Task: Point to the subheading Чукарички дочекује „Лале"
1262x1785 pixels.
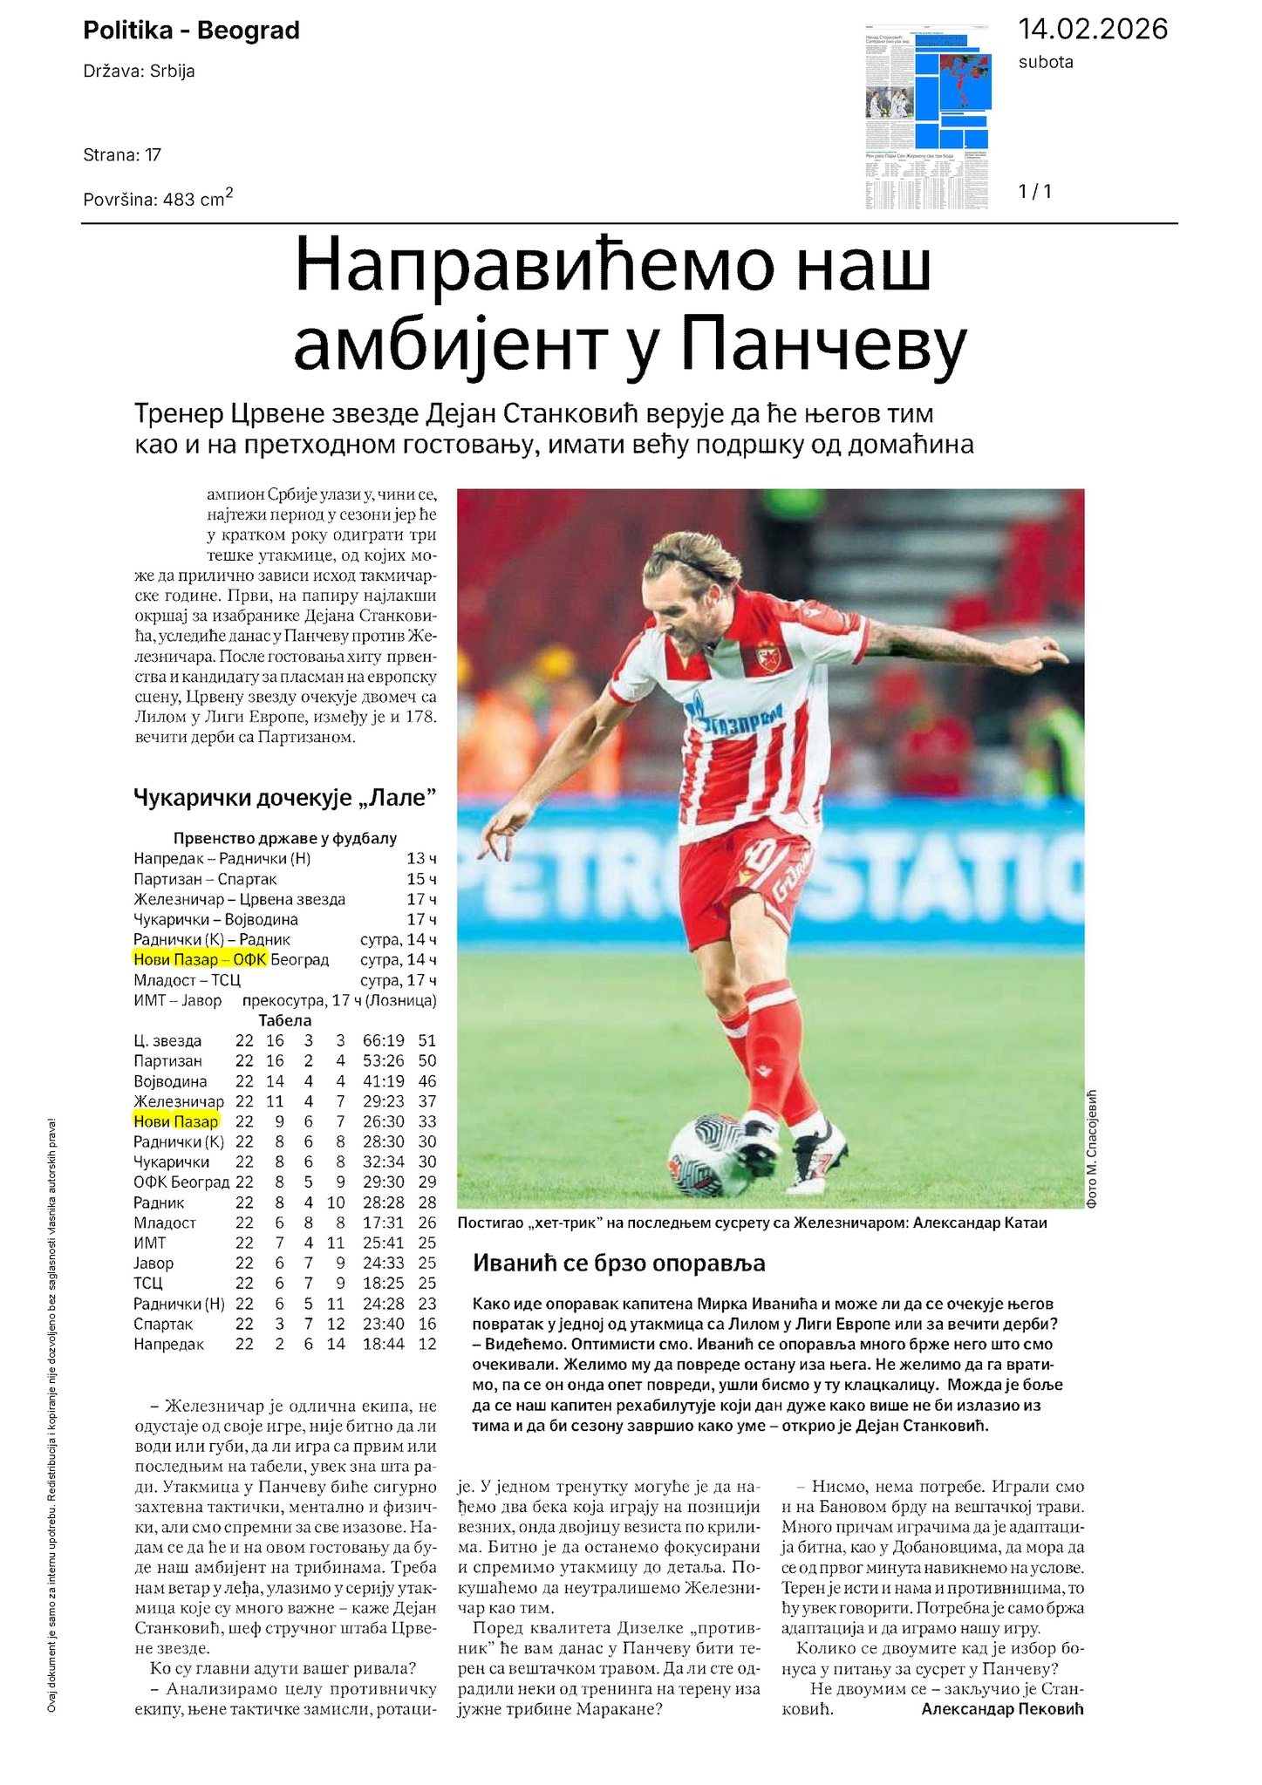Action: click(284, 797)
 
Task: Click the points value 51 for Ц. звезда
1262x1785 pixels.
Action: click(426, 1040)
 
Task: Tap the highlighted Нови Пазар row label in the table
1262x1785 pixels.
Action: click(176, 1121)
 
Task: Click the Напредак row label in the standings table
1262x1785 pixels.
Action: click(169, 1344)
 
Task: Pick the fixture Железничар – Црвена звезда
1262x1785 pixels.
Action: click(240, 899)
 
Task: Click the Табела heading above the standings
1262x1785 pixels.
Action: click(284, 1020)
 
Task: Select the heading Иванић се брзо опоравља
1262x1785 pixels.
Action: click(618, 1263)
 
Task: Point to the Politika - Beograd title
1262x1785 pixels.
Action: click(191, 31)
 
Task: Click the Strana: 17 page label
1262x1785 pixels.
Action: click(122, 155)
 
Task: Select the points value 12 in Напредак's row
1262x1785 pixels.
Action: click(426, 1344)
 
